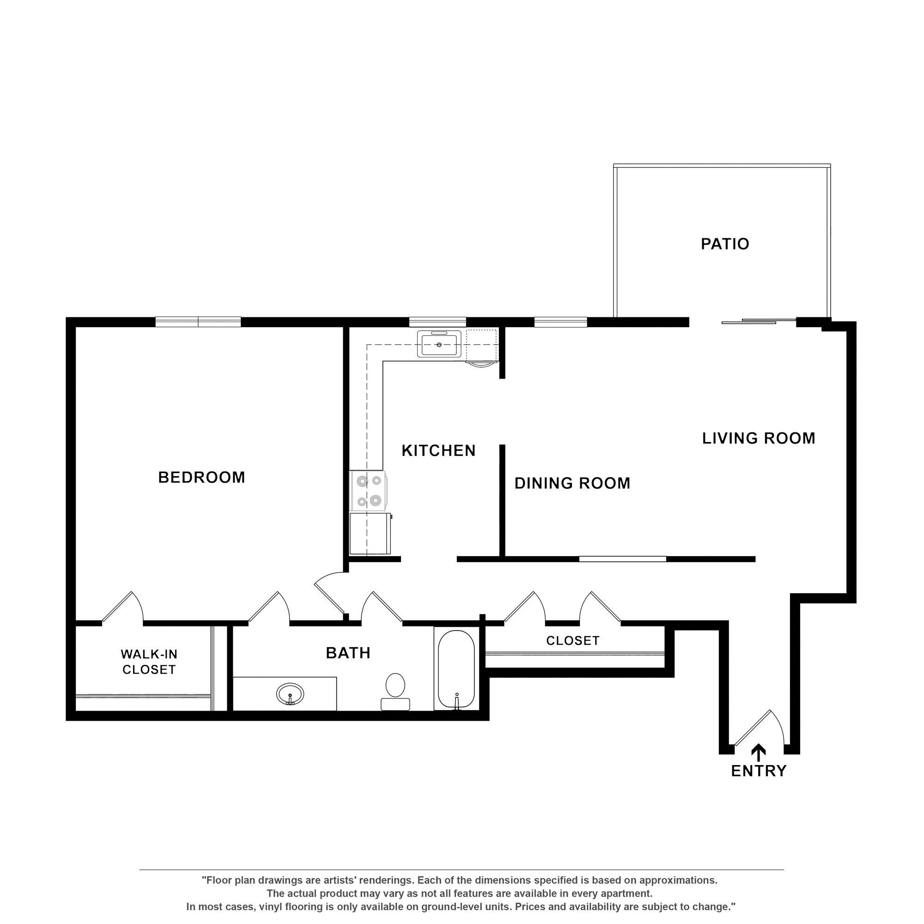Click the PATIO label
coord(724,244)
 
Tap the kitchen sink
coord(439,344)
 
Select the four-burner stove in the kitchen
coord(368,491)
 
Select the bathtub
coord(456,669)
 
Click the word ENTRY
coord(759,771)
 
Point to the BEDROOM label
coord(201,477)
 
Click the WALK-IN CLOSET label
coord(149,662)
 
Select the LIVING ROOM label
coord(759,438)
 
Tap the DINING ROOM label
coord(572,483)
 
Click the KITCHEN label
coord(438,450)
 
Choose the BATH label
coord(348,653)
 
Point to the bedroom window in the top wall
coord(198,322)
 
